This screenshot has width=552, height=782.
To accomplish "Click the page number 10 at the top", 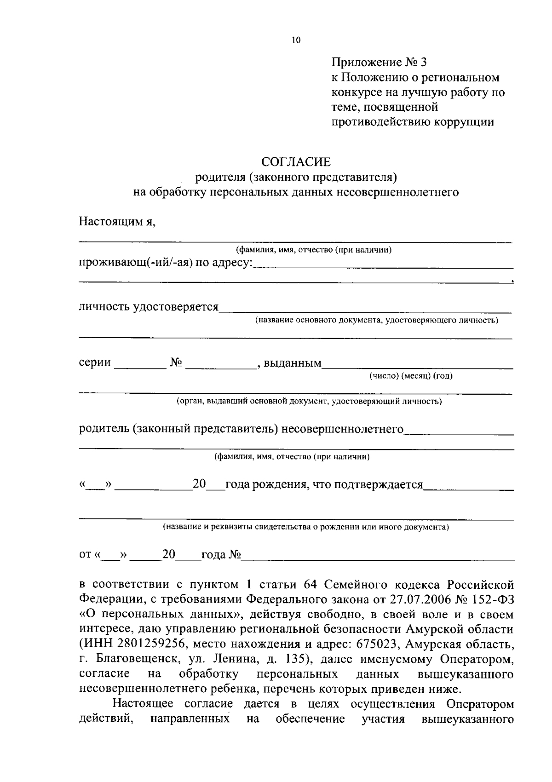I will coord(296,40).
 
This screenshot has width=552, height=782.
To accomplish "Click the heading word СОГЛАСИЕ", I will coord(296,162).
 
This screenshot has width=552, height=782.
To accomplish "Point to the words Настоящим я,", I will coord(117,222).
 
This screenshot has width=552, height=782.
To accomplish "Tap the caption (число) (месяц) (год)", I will coord(411,376).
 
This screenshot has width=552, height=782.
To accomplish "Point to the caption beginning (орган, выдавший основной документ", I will coord(310,401).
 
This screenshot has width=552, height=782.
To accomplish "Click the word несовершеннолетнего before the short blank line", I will coord(342,430).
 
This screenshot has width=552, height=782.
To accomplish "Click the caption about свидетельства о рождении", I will coord(306,527).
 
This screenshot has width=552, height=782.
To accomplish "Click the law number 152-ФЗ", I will coord(490,599).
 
